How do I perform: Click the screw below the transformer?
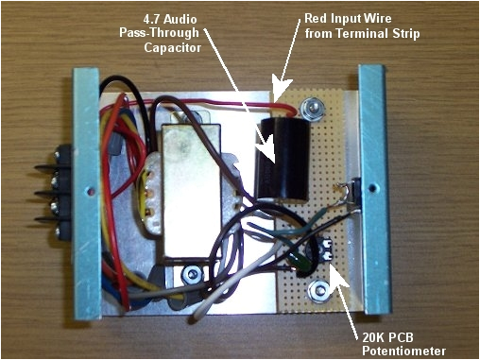[x=192, y=275]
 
